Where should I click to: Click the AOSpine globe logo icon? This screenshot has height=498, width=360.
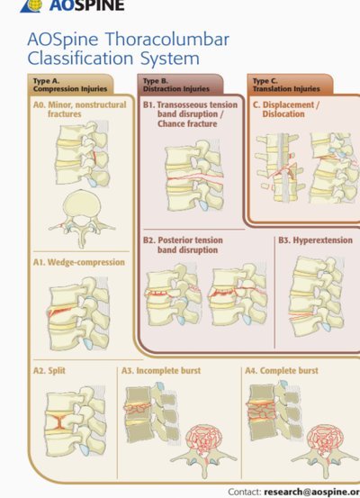tap(31, 5)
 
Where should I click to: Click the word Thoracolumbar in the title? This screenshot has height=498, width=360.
tap(167, 40)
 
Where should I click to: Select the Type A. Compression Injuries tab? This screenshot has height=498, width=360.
tap(70, 85)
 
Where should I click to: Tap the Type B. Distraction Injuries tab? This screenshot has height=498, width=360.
tap(180, 85)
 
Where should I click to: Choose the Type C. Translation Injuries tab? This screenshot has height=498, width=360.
tap(290, 85)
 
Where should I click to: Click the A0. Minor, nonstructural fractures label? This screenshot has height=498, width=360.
tap(80, 109)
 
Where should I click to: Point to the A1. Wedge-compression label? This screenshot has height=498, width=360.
tap(79, 262)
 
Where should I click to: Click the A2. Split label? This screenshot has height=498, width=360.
tap(49, 371)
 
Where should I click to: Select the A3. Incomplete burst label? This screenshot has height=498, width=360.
tap(161, 371)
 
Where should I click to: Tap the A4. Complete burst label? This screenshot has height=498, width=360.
tap(282, 371)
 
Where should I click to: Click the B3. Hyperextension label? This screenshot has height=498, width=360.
tap(316, 240)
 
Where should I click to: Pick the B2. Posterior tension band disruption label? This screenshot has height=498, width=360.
tap(183, 245)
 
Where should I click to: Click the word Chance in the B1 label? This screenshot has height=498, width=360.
tap(172, 123)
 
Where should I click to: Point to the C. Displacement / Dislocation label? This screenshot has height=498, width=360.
tap(286, 109)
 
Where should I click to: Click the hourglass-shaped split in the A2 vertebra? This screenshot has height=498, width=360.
tap(59, 421)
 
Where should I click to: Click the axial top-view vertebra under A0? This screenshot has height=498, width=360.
tap(82, 219)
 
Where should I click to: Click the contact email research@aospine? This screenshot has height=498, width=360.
tap(311, 492)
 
